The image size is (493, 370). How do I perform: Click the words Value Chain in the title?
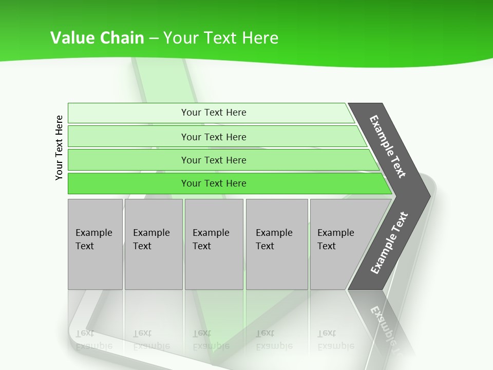pos(97,38)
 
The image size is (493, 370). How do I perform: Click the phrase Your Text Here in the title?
pos(221,38)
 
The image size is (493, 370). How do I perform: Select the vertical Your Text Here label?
pos(59,147)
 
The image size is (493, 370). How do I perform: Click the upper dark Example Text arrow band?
pos(388,146)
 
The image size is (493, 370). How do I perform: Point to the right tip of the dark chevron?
pos(429,196)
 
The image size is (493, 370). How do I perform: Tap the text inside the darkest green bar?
pos(214,183)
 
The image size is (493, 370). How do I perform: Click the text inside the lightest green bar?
pos(214,113)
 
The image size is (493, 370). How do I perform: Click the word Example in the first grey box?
pos(93,233)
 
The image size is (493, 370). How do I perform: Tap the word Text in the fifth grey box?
pos(327,246)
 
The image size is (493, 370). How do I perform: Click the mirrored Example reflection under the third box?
pos(211,346)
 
